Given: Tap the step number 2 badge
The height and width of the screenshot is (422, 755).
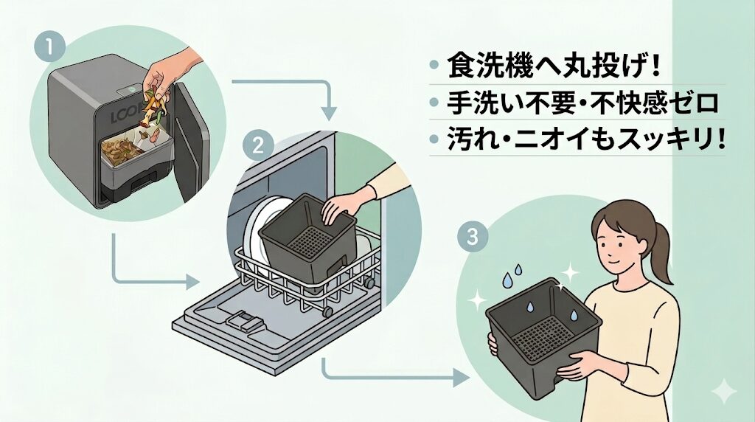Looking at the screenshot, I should pyautogui.click(x=258, y=146).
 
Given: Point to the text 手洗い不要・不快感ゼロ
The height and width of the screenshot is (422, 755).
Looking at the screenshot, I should pyautogui.click(x=582, y=104).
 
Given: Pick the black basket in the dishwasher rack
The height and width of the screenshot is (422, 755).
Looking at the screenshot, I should pyautogui.click(x=307, y=236).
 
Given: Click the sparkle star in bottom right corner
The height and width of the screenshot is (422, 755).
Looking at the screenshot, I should pyautogui.click(x=725, y=391).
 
